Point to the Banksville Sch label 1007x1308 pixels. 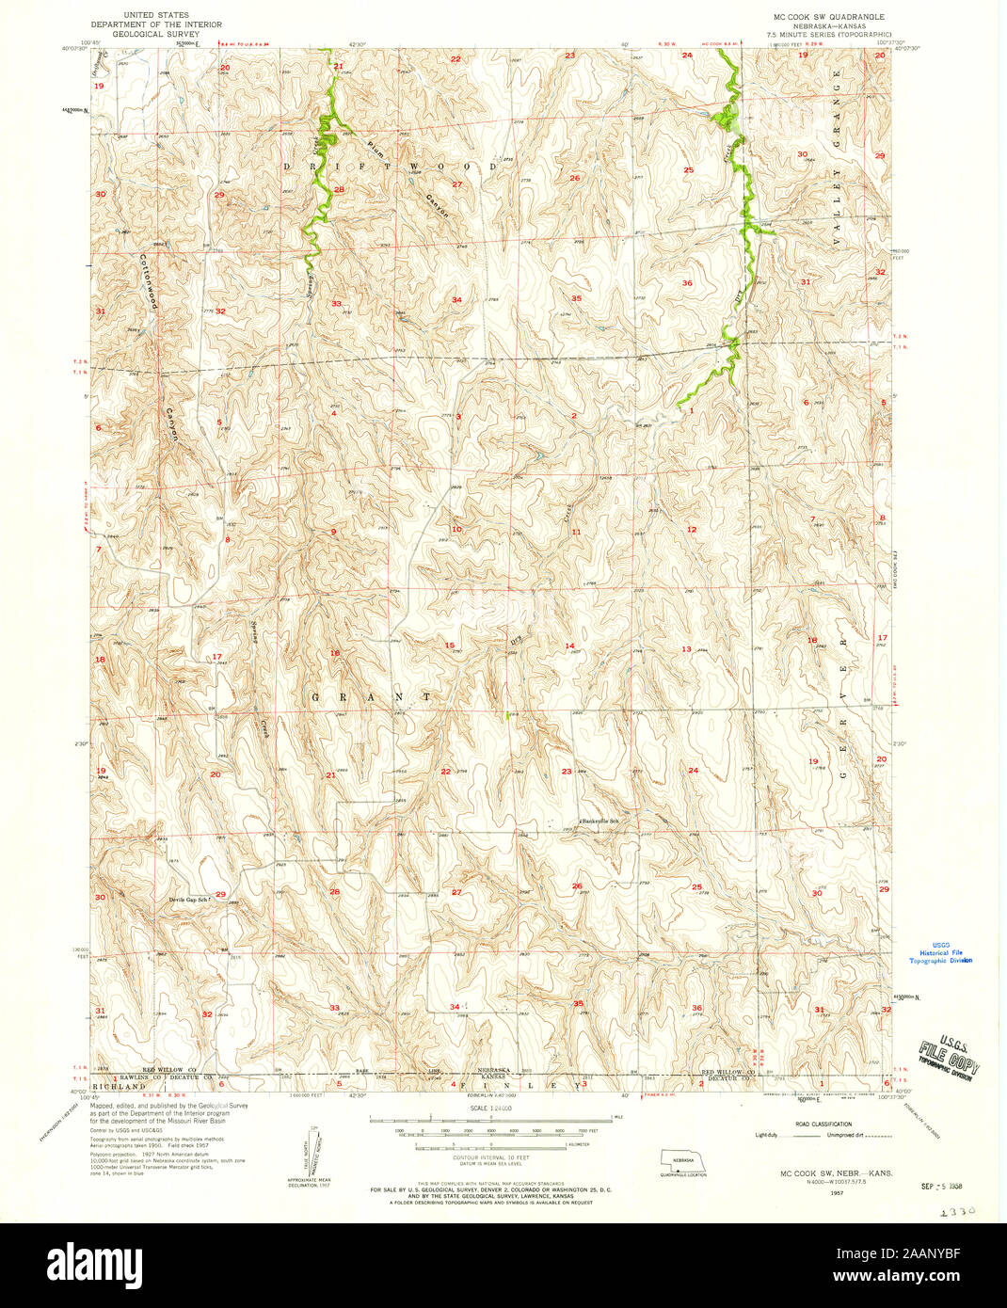[x=599, y=821]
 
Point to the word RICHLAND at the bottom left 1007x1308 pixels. [x=114, y=1085]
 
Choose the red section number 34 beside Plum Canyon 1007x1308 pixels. [x=456, y=300]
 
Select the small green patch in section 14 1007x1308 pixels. [x=509, y=716]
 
